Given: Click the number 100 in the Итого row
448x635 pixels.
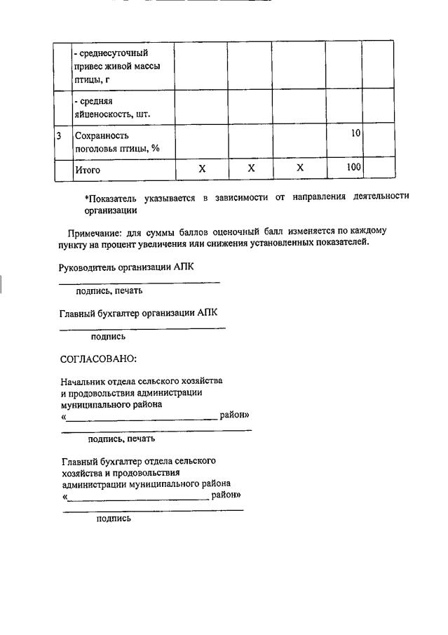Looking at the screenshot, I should [x=353, y=168].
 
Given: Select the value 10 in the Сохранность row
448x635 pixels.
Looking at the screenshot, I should [x=356, y=133].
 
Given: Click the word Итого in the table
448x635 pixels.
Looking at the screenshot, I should [x=88, y=170].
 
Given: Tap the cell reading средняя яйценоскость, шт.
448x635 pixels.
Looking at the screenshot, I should [x=114, y=107].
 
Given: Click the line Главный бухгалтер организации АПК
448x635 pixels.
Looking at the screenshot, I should [x=143, y=312].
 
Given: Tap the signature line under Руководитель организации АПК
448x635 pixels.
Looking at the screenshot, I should [x=140, y=282].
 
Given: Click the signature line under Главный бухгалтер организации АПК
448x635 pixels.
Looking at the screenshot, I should [x=142, y=328].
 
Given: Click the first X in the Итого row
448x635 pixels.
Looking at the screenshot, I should [x=202, y=168].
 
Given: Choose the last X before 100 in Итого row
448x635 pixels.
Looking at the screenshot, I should [x=300, y=168].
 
